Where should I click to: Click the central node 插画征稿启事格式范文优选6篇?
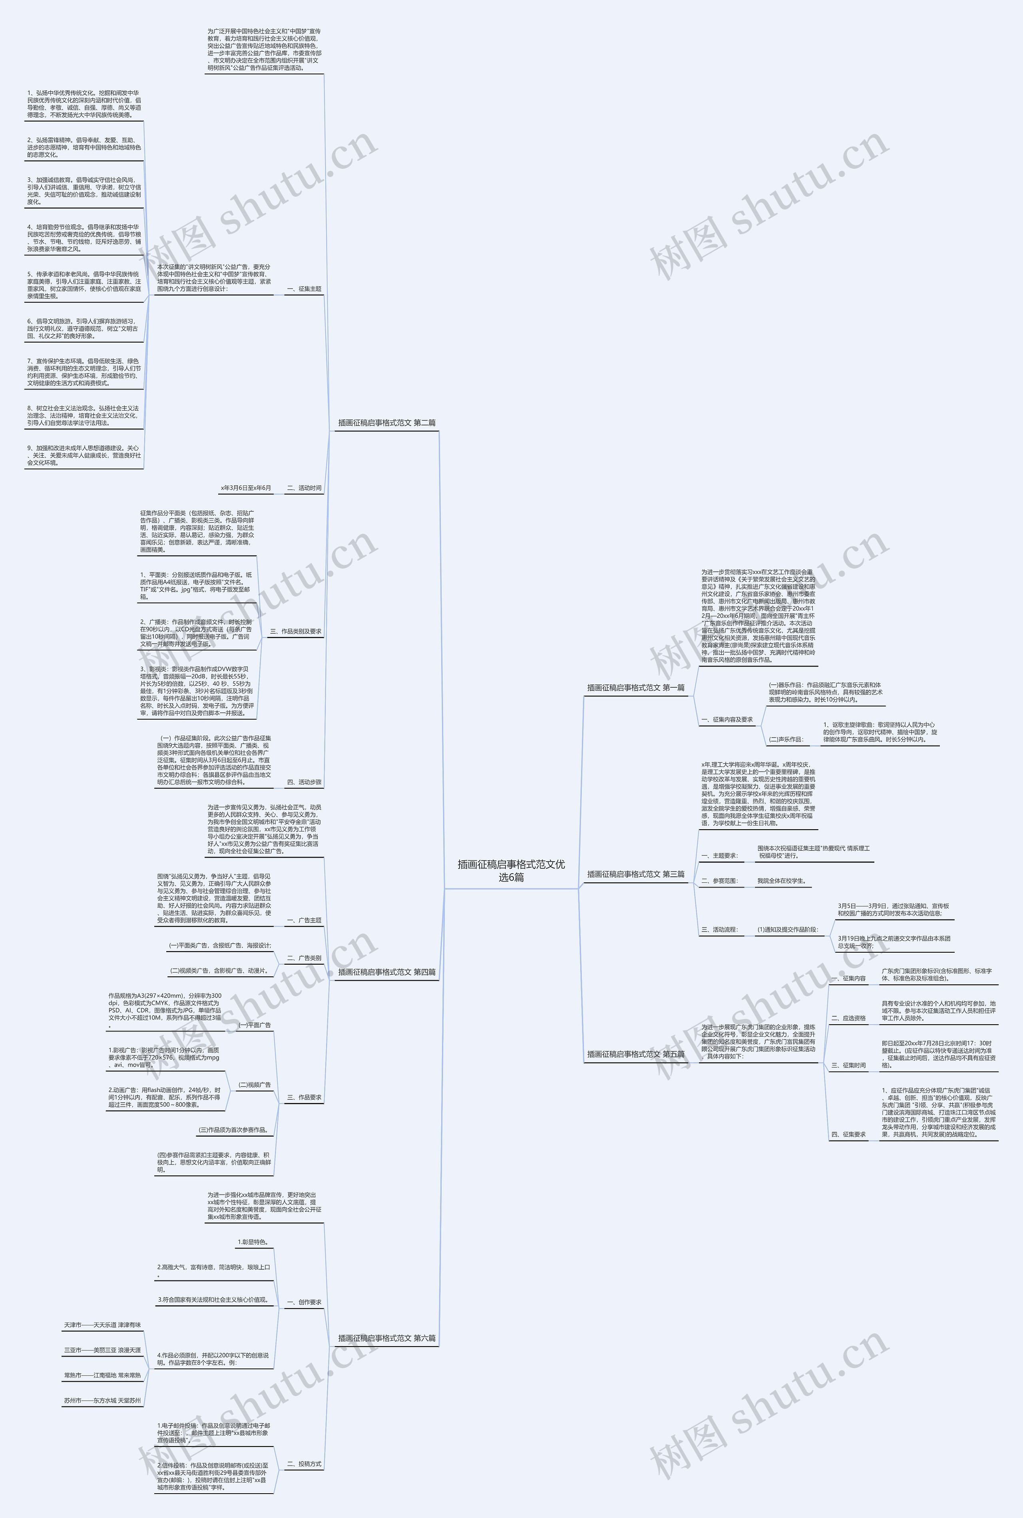coord(511,871)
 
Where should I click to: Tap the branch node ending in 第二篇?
coord(386,423)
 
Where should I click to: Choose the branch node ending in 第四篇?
coord(386,972)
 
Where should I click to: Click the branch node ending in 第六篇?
coord(386,1338)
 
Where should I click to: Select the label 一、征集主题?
coord(304,289)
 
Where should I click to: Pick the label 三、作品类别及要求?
coord(296,631)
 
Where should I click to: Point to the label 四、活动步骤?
coord(304,782)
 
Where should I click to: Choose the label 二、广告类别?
coord(304,958)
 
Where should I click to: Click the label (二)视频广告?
coord(255,1085)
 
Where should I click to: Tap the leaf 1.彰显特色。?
coord(253,1242)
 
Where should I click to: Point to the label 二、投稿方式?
coord(304,1464)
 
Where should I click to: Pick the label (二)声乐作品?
coord(786,740)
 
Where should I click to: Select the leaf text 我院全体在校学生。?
coord(781,881)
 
